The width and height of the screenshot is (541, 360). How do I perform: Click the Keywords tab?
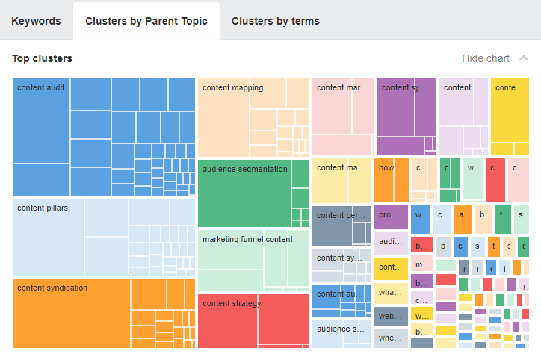click(36, 21)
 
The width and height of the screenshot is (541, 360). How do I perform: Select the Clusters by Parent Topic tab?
click(146, 21)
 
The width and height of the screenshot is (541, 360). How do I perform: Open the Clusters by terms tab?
click(275, 21)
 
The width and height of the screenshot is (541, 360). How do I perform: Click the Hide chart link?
click(486, 58)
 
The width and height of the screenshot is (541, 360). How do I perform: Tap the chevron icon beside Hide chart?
click(523, 58)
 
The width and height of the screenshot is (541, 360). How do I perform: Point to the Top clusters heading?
click(43, 58)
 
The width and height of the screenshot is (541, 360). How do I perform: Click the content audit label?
click(41, 88)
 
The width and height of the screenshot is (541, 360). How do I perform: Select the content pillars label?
click(43, 208)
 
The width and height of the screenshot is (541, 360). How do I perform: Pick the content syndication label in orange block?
click(52, 288)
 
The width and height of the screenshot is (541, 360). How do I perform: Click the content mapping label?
click(232, 88)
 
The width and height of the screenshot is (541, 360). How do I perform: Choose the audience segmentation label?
click(244, 170)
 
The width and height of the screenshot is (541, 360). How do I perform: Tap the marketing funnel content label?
click(247, 240)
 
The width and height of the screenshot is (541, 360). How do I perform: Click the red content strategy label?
click(232, 304)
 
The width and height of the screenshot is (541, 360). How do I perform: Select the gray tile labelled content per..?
click(341, 216)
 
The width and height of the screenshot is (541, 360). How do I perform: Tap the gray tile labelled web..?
click(390, 317)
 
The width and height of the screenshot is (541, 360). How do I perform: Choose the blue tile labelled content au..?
click(341, 294)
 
